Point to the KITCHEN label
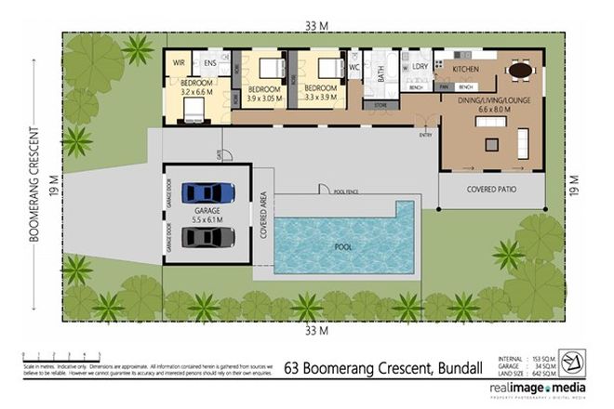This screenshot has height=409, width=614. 464,69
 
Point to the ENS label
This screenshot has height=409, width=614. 210,62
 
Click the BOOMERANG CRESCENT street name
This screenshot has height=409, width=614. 33,186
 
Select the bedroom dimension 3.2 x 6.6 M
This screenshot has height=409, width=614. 196,93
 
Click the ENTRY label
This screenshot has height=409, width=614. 426,135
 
